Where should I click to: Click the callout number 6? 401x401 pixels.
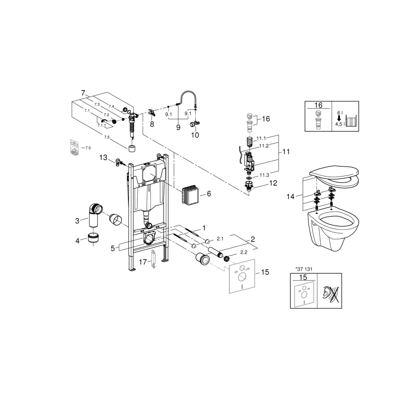click(x=208, y=194)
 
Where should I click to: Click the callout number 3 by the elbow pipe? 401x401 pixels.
click(x=77, y=221)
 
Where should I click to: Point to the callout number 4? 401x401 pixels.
click(x=77, y=240)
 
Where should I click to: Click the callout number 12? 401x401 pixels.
click(x=273, y=183)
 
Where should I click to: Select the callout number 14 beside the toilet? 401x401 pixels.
click(x=290, y=196)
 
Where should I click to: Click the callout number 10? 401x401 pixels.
click(x=195, y=135)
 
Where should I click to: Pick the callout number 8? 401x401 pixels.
click(x=152, y=124)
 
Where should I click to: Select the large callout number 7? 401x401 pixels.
click(x=83, y=93)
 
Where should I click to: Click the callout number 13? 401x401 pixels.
click(x=103, y=158)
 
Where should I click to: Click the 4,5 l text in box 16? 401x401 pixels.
click(x=339, y=124)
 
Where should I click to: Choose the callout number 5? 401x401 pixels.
click(x=112, y=249)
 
